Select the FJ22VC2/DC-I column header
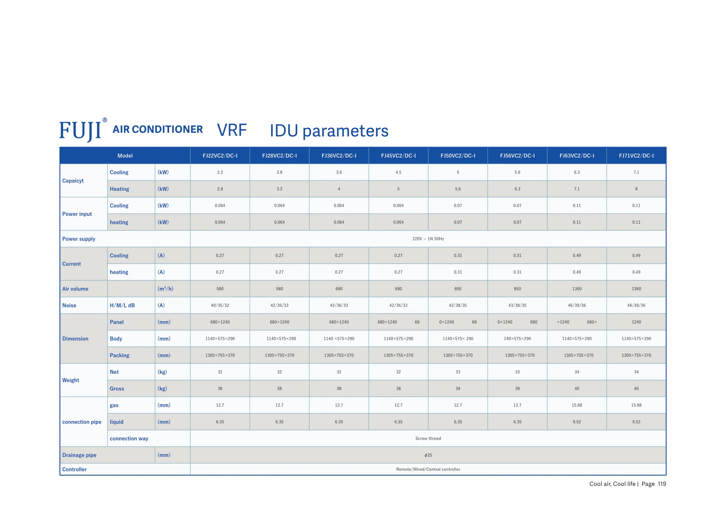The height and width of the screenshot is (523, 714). pyautogui.click(x=220, y=155)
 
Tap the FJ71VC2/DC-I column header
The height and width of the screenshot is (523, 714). pyautogui.click(x=636, y=155)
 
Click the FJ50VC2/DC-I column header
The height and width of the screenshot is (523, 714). pyautogui.click(x=458, y=155)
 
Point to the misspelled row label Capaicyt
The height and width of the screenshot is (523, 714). pyautogui.click(x=73, y=180)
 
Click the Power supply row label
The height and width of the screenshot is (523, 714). pyautogui.click(x=79, y=239)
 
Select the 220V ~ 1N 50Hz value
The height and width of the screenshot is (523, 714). pyautogui.click(x=428, y=239)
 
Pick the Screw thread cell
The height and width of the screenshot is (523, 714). pyautogui.click(x=428, y=438)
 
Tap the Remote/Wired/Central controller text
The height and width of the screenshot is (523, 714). pyautogui.click(x=428, y=469)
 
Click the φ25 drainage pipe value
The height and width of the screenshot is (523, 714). pyautogui.click(x=428, y=455)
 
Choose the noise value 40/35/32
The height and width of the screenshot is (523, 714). pyautogui.click(x=220, y=305)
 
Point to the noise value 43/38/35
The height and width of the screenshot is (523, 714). pyautogui.click(x=517, y=305)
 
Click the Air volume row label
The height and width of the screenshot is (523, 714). pyautogui.click(x=75, y=289)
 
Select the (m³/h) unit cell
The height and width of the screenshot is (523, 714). pyautogui.click(x=165, y=289)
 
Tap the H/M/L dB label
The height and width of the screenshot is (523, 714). pyautogui.click(x=122, y=305)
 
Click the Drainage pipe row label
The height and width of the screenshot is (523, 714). pyautogui.click(x=79, y=455)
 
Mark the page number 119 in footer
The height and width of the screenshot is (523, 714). pyautogui.click(x=661, y=484)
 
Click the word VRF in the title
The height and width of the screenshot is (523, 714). pyautogui.click(x=232, y=130)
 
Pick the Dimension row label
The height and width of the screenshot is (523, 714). pyautogui.click(x=75, y=338)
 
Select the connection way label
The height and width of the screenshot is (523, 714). pyautogui.click(x=129, y=438)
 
